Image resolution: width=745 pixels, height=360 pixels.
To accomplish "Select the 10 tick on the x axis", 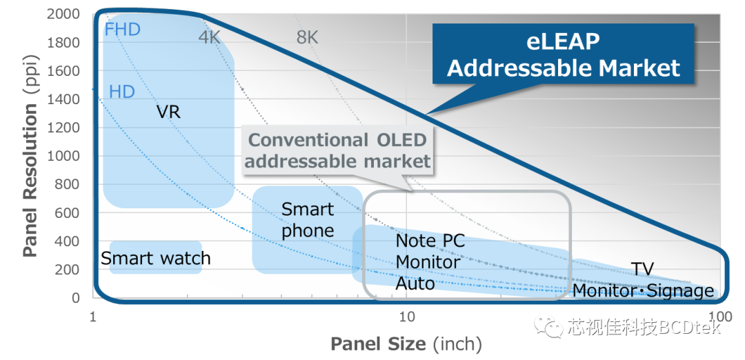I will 407,317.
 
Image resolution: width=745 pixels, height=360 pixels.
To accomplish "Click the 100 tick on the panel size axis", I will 719,317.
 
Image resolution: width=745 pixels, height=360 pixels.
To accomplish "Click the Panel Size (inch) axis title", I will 406,343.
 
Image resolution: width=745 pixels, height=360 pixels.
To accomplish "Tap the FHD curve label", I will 123,30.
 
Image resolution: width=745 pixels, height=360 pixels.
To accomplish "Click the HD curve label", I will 122,92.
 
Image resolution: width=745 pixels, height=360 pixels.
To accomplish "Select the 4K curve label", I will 210,37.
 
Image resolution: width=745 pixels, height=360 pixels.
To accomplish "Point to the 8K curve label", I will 307,37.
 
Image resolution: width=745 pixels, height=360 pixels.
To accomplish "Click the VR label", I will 169,111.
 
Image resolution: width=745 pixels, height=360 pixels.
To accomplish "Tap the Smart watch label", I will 155,259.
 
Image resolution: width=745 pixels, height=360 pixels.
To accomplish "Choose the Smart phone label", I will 308,220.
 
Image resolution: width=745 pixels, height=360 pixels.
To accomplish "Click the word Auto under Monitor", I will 415,283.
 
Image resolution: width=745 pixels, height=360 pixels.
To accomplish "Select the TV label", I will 642,269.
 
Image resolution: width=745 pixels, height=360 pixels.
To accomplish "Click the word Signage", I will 681,291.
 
